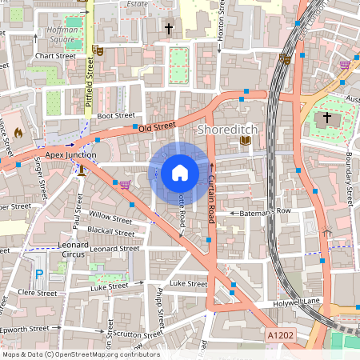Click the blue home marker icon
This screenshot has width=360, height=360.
tap(180, 172)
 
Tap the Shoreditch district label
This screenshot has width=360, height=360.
tap(232, 128)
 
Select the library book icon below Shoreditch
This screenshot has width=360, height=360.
tap(246, 141)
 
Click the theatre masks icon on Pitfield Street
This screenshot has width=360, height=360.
tap(98, 50)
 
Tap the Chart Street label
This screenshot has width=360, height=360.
tap(55, 56)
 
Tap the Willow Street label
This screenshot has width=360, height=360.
tap(110, 217)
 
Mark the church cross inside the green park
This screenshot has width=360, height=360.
tap(326, 118)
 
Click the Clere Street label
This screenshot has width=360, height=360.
tap(38, 294)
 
